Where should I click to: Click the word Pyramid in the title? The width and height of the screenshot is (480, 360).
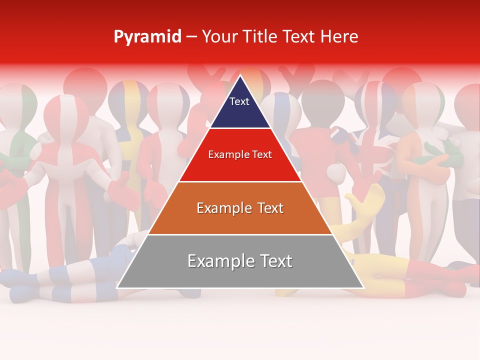tap(147, 37)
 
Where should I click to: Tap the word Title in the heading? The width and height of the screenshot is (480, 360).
tap(261, 36)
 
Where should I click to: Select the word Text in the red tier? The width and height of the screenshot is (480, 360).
tap(261, 155)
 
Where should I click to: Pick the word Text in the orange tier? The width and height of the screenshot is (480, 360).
tap(268, 208)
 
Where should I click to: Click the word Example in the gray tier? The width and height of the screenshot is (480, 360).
tap(217, 261)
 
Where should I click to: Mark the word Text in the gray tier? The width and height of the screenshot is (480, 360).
tap(274, 261)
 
